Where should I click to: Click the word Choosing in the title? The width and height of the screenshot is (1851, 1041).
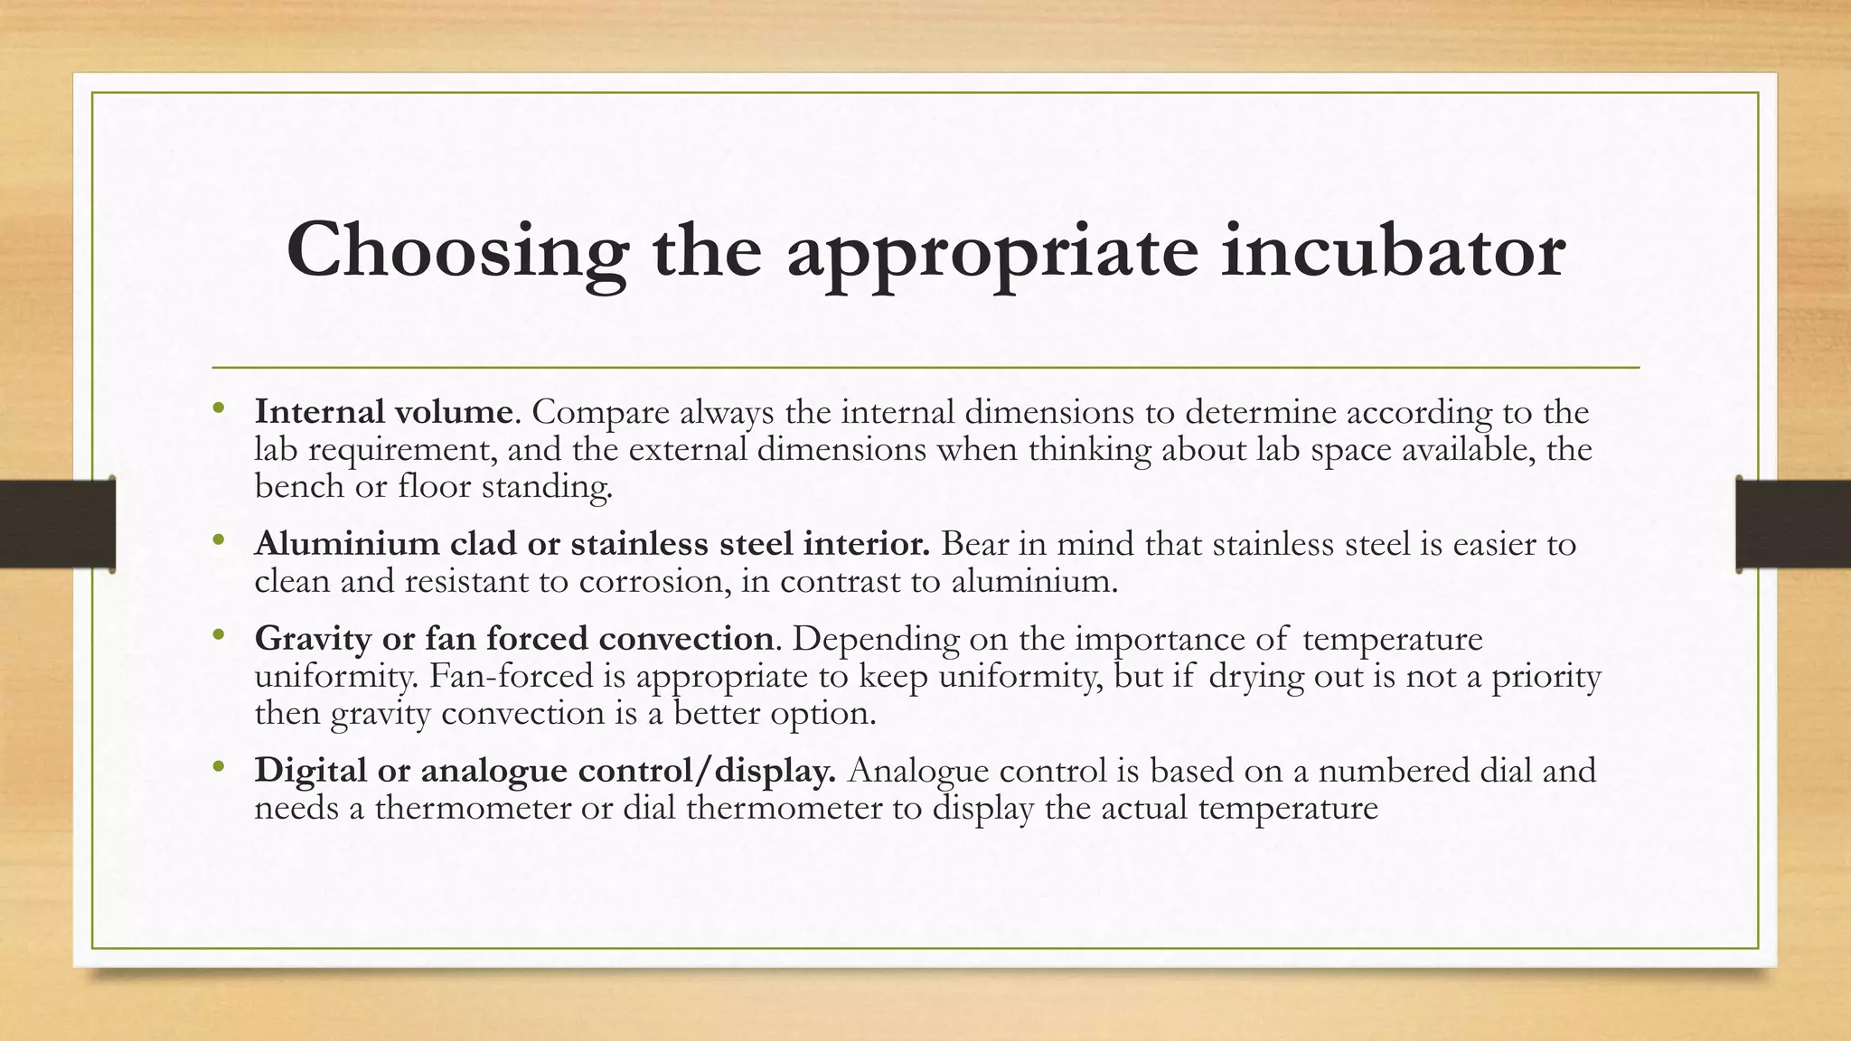(456, 250)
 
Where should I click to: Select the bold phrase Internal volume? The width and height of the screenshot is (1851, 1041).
(384, 412)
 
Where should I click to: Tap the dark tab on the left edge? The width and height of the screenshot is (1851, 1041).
(57, 524)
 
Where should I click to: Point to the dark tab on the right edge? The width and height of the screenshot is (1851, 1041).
(1793, 524)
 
